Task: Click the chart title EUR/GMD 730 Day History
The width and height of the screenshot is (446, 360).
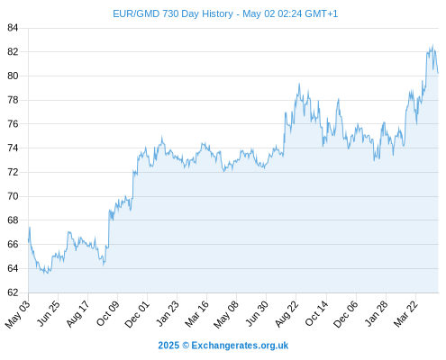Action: point(173,13)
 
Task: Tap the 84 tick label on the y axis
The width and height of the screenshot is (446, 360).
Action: point(13,28)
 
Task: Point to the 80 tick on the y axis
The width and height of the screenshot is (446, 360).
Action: point(13,76)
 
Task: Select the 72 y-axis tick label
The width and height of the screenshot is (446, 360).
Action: point(13,172)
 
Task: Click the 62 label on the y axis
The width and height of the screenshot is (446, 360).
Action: point(13,292)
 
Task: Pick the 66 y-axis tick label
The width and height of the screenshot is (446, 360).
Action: point(13,244)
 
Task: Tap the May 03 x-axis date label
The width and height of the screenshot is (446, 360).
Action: point(17,314)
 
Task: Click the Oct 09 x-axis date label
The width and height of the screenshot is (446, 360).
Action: point(107,313)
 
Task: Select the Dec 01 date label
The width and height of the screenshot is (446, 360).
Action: point(137,314)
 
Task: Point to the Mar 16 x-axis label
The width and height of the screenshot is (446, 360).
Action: point(196,313)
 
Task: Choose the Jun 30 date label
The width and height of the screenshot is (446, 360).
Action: point(256,313)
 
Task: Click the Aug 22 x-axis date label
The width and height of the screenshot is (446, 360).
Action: point(287,313)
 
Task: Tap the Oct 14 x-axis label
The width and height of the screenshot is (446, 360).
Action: point(316,313)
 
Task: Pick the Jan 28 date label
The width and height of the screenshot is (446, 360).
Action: point(376,313)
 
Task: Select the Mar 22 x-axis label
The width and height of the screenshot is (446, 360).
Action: point(405,313)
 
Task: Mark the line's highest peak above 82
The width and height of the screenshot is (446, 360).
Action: point(432,45)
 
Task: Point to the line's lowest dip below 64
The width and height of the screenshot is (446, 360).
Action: point(47,274)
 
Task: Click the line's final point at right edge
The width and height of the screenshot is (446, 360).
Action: point(438,73)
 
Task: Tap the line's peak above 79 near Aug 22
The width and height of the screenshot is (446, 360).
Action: point(299,84)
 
